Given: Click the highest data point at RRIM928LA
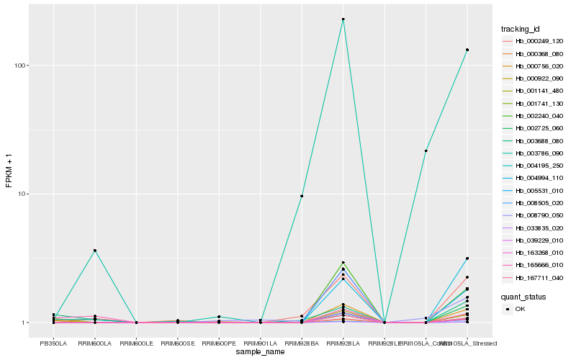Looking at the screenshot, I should point(343,19).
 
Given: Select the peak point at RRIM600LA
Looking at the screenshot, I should point(94,251).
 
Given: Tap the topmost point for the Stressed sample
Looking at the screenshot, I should point(467,50).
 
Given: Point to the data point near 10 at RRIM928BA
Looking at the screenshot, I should point(302,196).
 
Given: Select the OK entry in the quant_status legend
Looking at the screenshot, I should point(519,309).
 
